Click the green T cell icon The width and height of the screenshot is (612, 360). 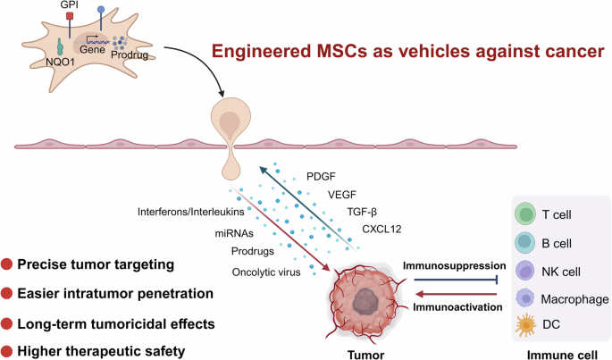tap(524, 214)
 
